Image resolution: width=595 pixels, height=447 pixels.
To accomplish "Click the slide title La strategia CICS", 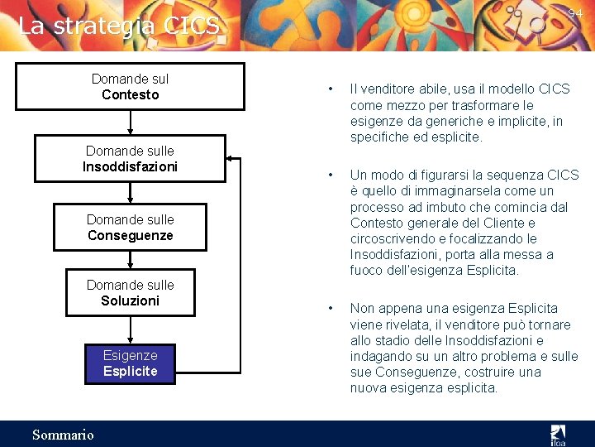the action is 119,26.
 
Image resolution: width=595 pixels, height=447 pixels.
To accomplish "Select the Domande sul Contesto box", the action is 131,87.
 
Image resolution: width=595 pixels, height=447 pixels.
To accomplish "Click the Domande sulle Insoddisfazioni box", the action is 131,159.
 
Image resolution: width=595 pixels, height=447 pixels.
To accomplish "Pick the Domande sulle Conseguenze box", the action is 131,228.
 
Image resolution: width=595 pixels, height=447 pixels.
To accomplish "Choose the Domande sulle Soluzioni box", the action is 131,293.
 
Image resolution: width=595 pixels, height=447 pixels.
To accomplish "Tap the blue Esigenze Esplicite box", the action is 131,363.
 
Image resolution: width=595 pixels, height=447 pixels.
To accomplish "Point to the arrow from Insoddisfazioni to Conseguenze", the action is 131,192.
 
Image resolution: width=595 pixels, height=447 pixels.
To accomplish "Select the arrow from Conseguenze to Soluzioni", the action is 131,259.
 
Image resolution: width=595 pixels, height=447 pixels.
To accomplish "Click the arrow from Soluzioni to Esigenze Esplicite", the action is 131,329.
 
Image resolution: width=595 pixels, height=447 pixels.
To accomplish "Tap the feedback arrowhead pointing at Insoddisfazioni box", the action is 231,157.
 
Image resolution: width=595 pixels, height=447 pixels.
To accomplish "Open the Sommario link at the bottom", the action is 63,435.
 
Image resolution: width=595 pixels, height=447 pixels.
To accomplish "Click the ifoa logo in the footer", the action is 559,434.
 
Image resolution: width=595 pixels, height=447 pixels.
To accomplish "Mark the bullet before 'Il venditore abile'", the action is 330,89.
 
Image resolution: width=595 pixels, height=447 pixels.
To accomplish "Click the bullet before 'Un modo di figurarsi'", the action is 330,175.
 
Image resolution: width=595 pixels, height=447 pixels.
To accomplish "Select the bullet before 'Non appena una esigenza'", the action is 330,309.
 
